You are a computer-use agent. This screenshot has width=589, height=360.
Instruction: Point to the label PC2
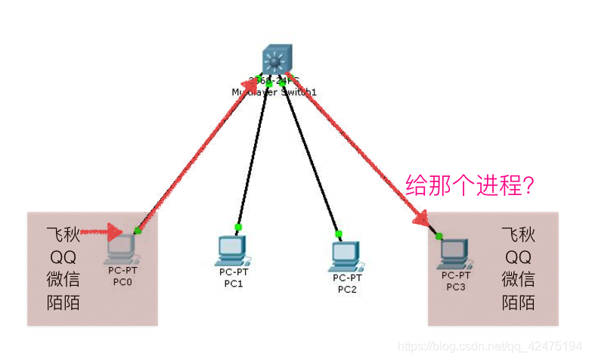click(346, 288)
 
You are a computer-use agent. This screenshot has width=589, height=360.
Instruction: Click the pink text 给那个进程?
click(470, 185)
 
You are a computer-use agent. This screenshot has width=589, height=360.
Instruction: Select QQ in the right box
click(518, 256)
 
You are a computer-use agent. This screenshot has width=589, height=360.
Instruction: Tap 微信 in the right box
click(518, 279)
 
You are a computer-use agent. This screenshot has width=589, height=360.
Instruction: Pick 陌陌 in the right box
click(518, 303)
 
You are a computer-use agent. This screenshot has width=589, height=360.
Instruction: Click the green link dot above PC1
click(237, 227)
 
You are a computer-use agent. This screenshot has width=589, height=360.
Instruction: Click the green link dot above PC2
click(339, 233)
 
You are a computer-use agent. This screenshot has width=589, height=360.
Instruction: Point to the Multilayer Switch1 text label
click(273, 92)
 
